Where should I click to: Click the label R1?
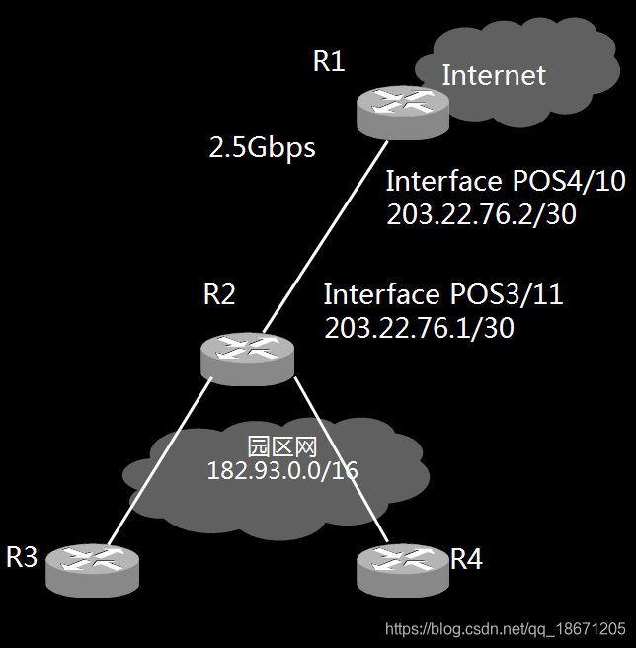click(x=329, y=62)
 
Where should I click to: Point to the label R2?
click(x=219, y=294)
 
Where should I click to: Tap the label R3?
click(x=22, y=558)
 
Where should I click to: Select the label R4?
click(x=466, y=560)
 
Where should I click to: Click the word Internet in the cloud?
click(x=494, y=75)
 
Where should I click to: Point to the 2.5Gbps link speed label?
click(x=263, y=148)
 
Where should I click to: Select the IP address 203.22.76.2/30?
click(x=481, y=213)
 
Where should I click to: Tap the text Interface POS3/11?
click(x=443, y=294)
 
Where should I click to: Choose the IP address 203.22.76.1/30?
click(x=420, y=328)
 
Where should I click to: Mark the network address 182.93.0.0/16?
click(x=282, y=470)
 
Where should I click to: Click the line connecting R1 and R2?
click(x=321, y=237)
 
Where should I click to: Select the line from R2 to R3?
click(x=158, y=464)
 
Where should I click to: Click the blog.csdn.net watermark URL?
click(x=505, y=629)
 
